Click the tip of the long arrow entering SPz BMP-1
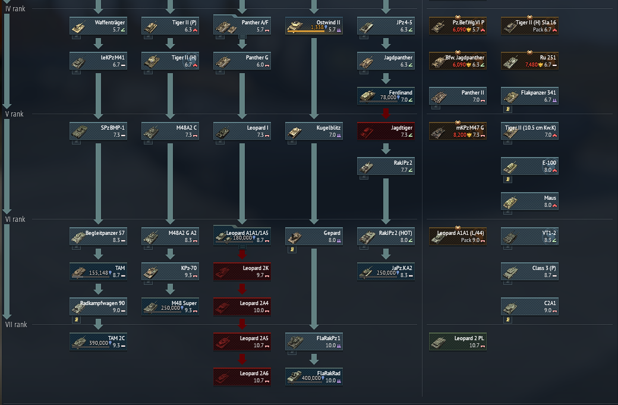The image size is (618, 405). coord(98,119)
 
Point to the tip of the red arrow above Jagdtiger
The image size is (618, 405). coord(386,118)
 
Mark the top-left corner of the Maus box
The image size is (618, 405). coord(501,193)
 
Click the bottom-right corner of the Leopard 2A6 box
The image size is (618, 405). coord(271,385)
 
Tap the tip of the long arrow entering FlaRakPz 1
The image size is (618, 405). coord(314,329)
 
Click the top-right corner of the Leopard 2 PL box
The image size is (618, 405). coord(486,333)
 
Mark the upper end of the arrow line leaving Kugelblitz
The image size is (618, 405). coord(314,143)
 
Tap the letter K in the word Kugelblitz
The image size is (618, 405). coord(318,128)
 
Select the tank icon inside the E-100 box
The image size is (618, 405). coord(510,167)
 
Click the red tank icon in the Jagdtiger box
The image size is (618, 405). coord(367,131)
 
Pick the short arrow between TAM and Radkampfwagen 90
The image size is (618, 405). coord(98,290)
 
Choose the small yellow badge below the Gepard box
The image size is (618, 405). coord(292,249)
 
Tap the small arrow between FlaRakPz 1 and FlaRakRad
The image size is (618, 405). coord(314,359)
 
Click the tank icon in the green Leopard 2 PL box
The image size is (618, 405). coord(439,343)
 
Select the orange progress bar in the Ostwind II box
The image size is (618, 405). coord(305,31)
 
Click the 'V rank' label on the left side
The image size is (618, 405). coord(15,114)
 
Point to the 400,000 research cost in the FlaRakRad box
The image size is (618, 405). coord(311,378)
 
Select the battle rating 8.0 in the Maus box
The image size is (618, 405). coord(548,205)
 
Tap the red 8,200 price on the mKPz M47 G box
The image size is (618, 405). coord(459,135)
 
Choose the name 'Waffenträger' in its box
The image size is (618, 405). coord(109,23)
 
